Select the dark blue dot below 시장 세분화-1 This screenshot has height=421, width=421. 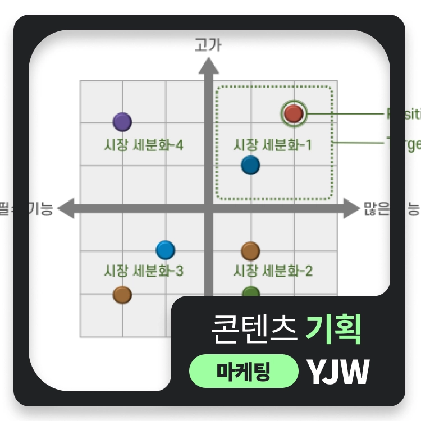[250, 165]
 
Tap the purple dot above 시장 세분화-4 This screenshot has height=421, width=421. [122, 121]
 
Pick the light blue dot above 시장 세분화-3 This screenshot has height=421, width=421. [165, 250]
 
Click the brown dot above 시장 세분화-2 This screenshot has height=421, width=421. [250, 251]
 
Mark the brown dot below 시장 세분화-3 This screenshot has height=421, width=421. [122, 294]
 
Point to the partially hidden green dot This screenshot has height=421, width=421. [251, 291]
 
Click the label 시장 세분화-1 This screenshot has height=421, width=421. [272, 145]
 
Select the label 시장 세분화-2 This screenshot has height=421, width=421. [273, 271]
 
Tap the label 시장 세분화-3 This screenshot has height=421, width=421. [144, 271]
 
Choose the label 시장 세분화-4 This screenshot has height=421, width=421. [144, 145]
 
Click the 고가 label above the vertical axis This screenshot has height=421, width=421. [208, 45]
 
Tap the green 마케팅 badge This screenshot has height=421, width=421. [244, 372]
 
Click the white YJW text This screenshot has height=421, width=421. [338, 372]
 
